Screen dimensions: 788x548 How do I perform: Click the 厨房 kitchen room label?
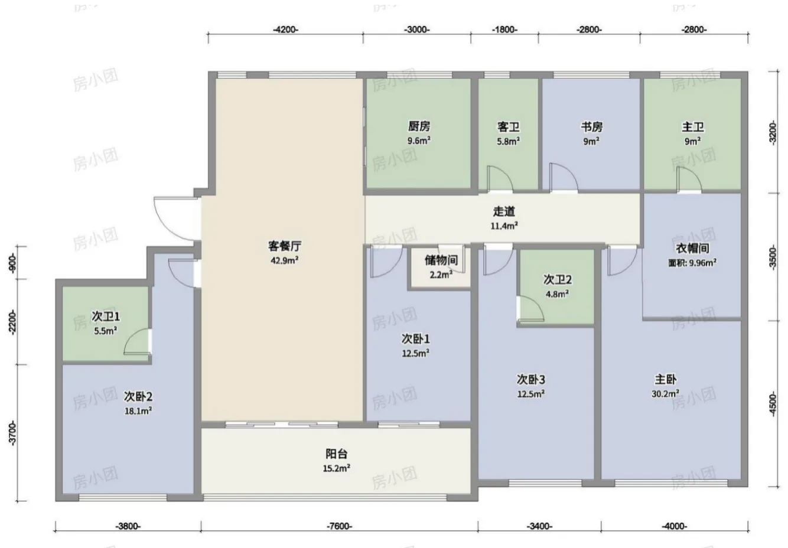pyautogui.click(x=419, y=126)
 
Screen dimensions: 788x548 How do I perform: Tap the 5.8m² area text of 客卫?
pyautogui.click(x=509, y=141)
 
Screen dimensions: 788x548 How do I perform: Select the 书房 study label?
pyautogui.click(x=592, y=126)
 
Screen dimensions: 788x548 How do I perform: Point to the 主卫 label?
pyautogui.click(x=693, y=126)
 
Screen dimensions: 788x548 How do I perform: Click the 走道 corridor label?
pyautogui.click(x=504, y=211)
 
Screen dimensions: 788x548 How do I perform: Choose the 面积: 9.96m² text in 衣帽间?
pyautogui.click(x=692, y=263)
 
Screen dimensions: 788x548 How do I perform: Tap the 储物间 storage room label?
pyautogui.click(x=441, y=260)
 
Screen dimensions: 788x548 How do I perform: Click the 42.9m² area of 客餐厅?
pyautogui.click(x=285, y=260)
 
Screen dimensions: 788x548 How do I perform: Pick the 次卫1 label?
pyautogui.click(x=106, y=316)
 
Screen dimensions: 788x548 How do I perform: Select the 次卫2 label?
pyautogui.click(x=558, y=280)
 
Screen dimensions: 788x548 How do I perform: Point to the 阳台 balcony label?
pyautogui.click(x=336, y=454)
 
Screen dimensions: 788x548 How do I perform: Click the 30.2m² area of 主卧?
pyautogui.click(x=665, y=394)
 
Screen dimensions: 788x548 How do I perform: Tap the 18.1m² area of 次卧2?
pyautogui.click(x=138, y=411)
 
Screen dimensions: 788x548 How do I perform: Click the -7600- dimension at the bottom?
pyautogui.click(x=339, y=526)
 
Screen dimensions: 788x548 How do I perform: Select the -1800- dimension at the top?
pyautogui.click(x=504, y=30)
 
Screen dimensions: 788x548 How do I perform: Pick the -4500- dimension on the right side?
pyautogui.click(x=773, y=404)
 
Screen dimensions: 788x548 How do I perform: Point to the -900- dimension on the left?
pyautogui.click(x=12, y=263)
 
